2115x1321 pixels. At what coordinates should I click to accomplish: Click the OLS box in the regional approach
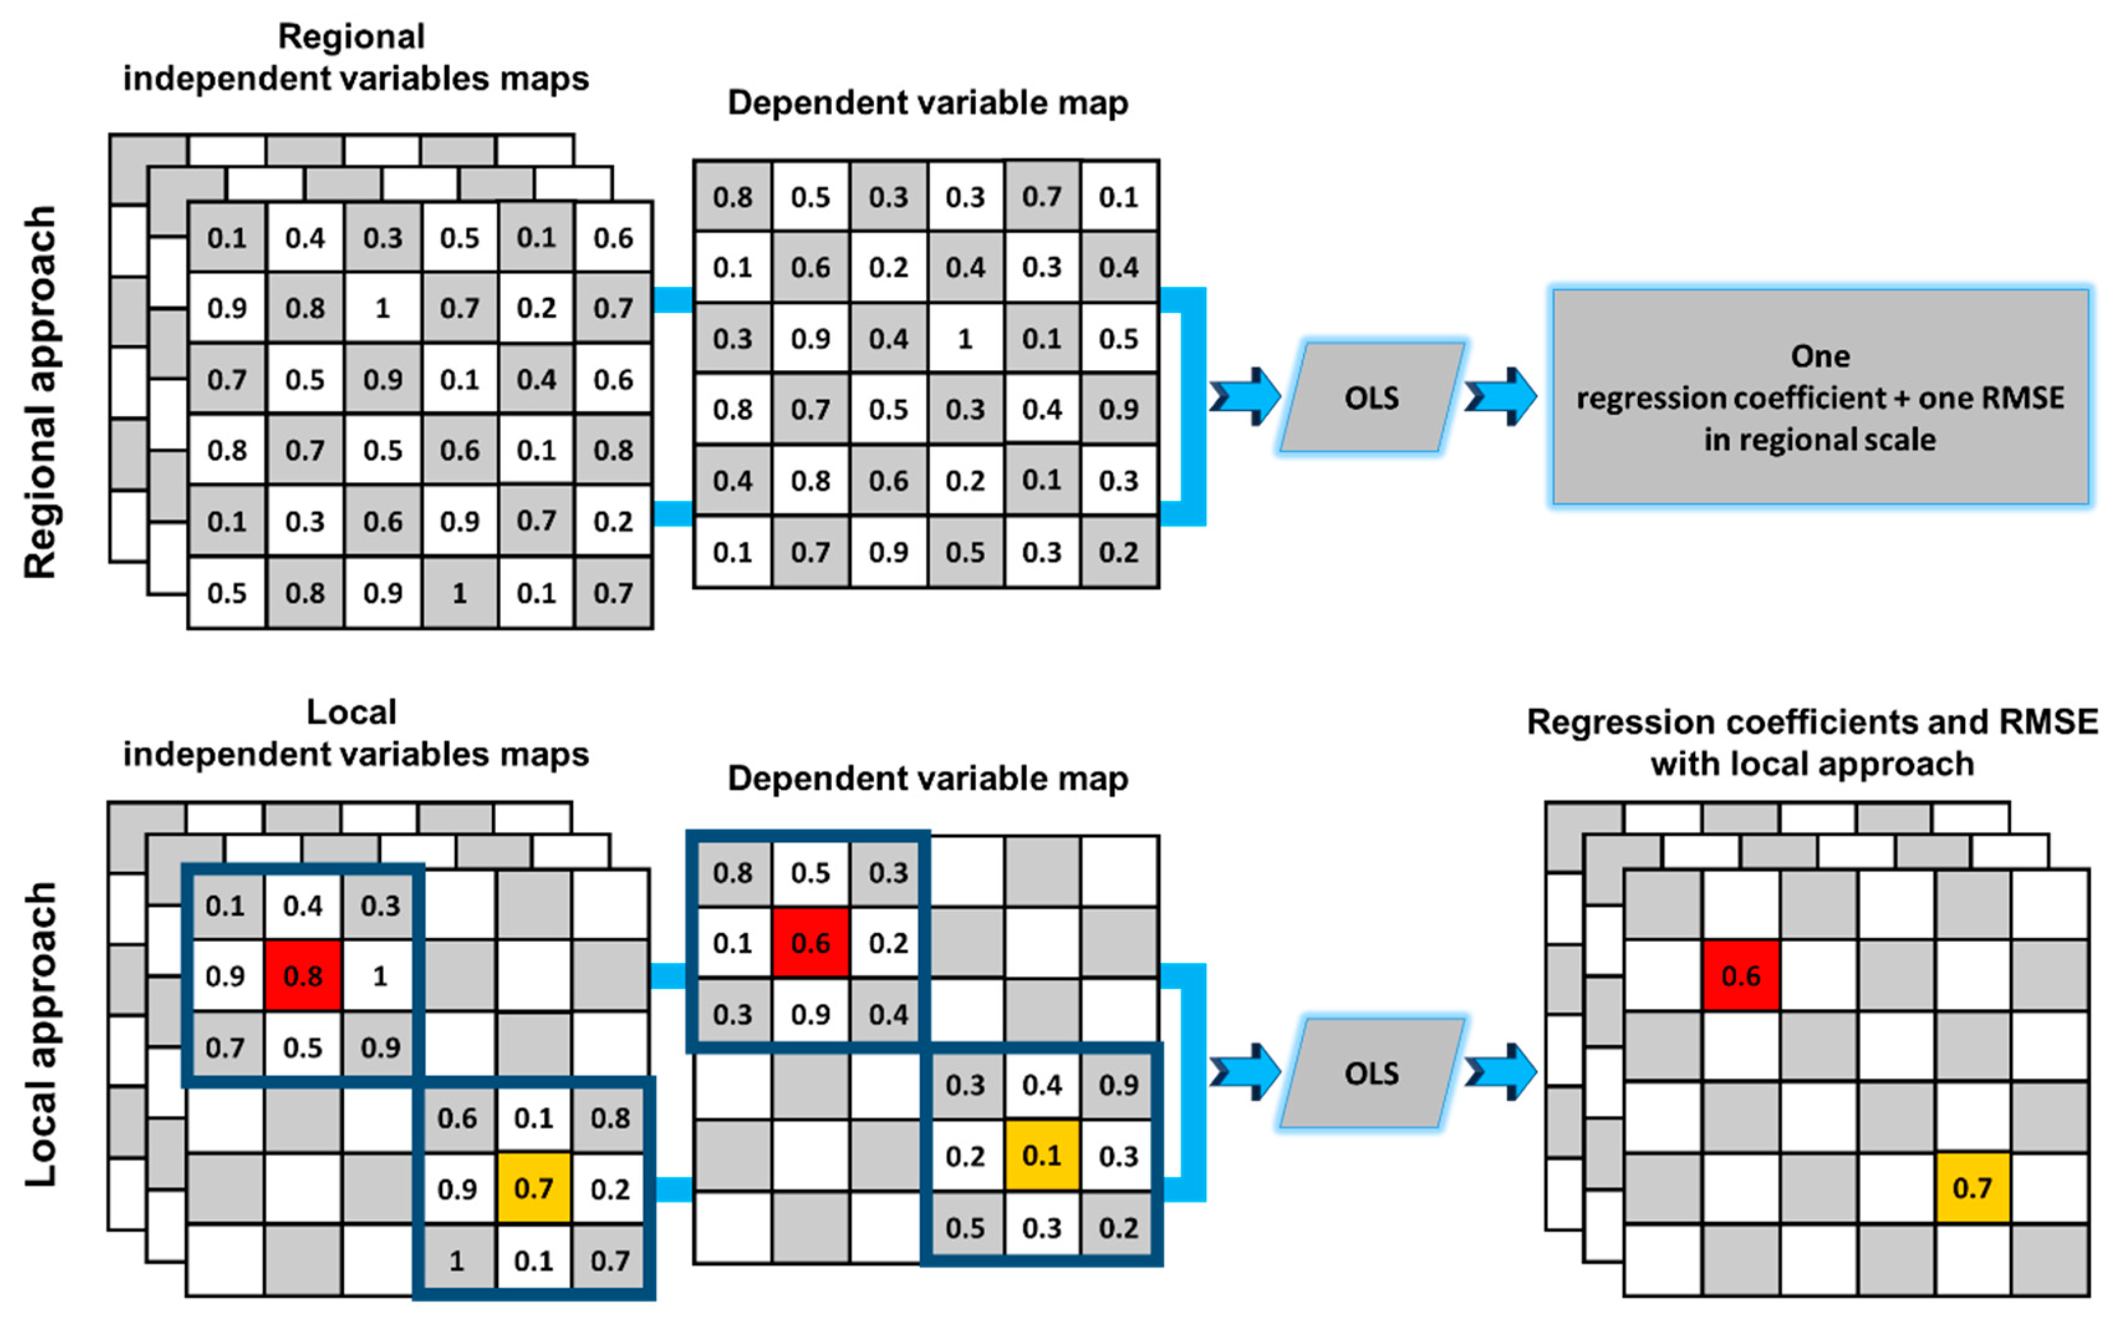tap(1372, 397)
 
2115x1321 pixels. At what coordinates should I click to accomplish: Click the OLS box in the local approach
tap(1372, 1073)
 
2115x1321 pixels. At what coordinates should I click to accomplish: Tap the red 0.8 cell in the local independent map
tap(302, 976)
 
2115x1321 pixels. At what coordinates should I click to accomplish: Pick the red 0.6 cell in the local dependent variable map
tap(810, 943)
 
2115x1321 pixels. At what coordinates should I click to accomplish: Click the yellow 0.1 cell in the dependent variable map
tap(1041, 1156)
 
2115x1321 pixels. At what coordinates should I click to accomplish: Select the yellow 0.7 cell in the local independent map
tap(533, 1188)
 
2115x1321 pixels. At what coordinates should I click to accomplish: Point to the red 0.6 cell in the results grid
tap(1741, 976)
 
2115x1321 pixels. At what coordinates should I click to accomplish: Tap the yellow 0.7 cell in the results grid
tap(1972, 1188)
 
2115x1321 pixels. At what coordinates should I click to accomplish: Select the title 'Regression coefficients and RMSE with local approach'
tap(1812, 743)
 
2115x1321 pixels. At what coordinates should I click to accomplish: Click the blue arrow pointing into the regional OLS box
tap(1245, 397)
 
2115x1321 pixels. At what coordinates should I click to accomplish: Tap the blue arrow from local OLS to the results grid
tap(1500, 1072)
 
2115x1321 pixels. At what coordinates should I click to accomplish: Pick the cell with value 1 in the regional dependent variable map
tap(964, 339)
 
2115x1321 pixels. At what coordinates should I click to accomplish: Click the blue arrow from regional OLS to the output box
tap(1500, 397)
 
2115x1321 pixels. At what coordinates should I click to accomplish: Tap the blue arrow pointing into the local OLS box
tap(1245, 1072)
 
